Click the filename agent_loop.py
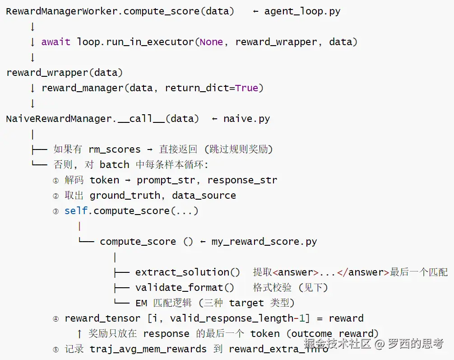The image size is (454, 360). pos(302,12)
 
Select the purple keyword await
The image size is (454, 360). pos(56,42)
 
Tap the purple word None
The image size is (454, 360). pos(211,42)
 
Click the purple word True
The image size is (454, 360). pos(246,88)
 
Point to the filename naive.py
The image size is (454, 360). pos(247,119)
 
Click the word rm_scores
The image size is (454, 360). pos(114,150)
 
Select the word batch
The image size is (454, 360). pos(114,164)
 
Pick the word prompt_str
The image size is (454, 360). pos(166,180)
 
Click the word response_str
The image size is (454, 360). pos(242,180)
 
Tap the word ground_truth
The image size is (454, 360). pos(125,196)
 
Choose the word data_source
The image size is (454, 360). pos(204,196)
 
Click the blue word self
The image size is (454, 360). pos(76,211)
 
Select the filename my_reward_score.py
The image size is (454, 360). pos(264,242)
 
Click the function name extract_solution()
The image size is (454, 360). pos(187,272)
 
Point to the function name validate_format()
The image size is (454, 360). pos(185,288)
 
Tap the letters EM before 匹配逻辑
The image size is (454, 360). pos(141,303)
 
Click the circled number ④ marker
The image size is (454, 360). pos(56,319)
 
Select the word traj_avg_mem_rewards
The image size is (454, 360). pos(148,349)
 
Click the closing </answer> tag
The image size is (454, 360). pos(363,272)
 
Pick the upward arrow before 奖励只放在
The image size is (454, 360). pos(79,334)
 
